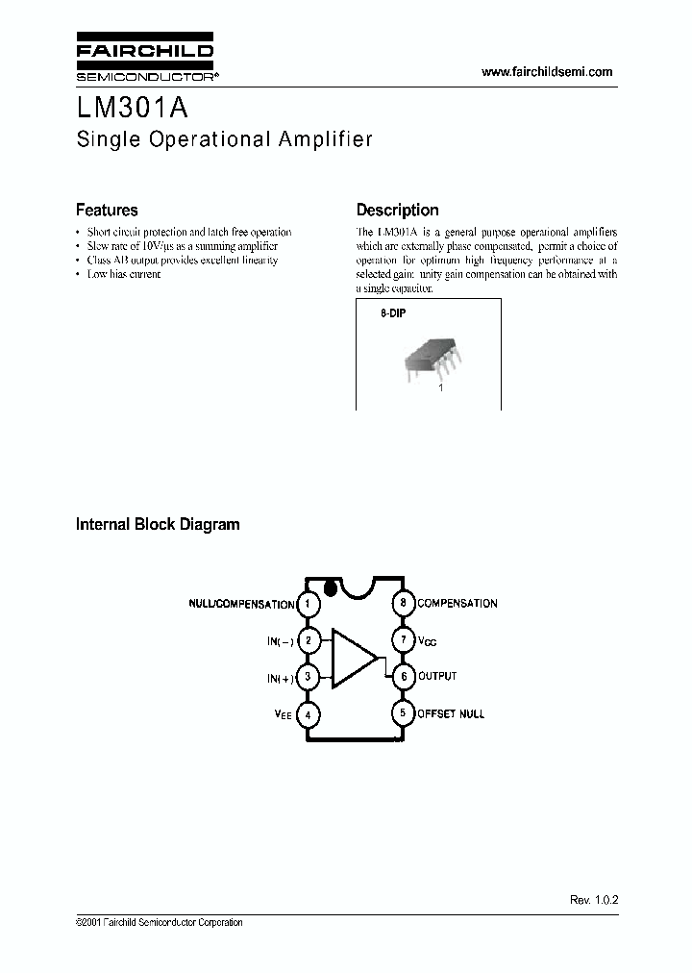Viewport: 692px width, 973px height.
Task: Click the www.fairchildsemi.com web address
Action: [x=546, y=72]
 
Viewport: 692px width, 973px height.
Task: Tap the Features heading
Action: [x=107, y=210]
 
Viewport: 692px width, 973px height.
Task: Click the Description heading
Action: [x=397, y=210]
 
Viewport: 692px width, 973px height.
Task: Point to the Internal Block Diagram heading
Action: [x=158, y=525]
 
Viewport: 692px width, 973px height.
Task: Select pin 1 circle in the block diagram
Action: [x=308, y=604]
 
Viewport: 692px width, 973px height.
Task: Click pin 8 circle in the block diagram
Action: [x=404, y=604]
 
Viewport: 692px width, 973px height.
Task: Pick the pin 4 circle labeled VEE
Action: [x=308, y=714]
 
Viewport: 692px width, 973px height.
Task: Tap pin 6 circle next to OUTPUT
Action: [x=404, y=677]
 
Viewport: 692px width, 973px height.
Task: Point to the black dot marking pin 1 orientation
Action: [x=331, y=586]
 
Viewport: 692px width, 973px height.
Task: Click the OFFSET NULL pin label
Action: [x=450, y=714]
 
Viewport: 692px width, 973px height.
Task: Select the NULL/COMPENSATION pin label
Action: [x=241, y=605]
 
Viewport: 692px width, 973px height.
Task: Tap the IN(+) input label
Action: [x=281, y=679]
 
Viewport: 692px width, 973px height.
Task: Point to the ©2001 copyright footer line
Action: [x=159, y=923]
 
